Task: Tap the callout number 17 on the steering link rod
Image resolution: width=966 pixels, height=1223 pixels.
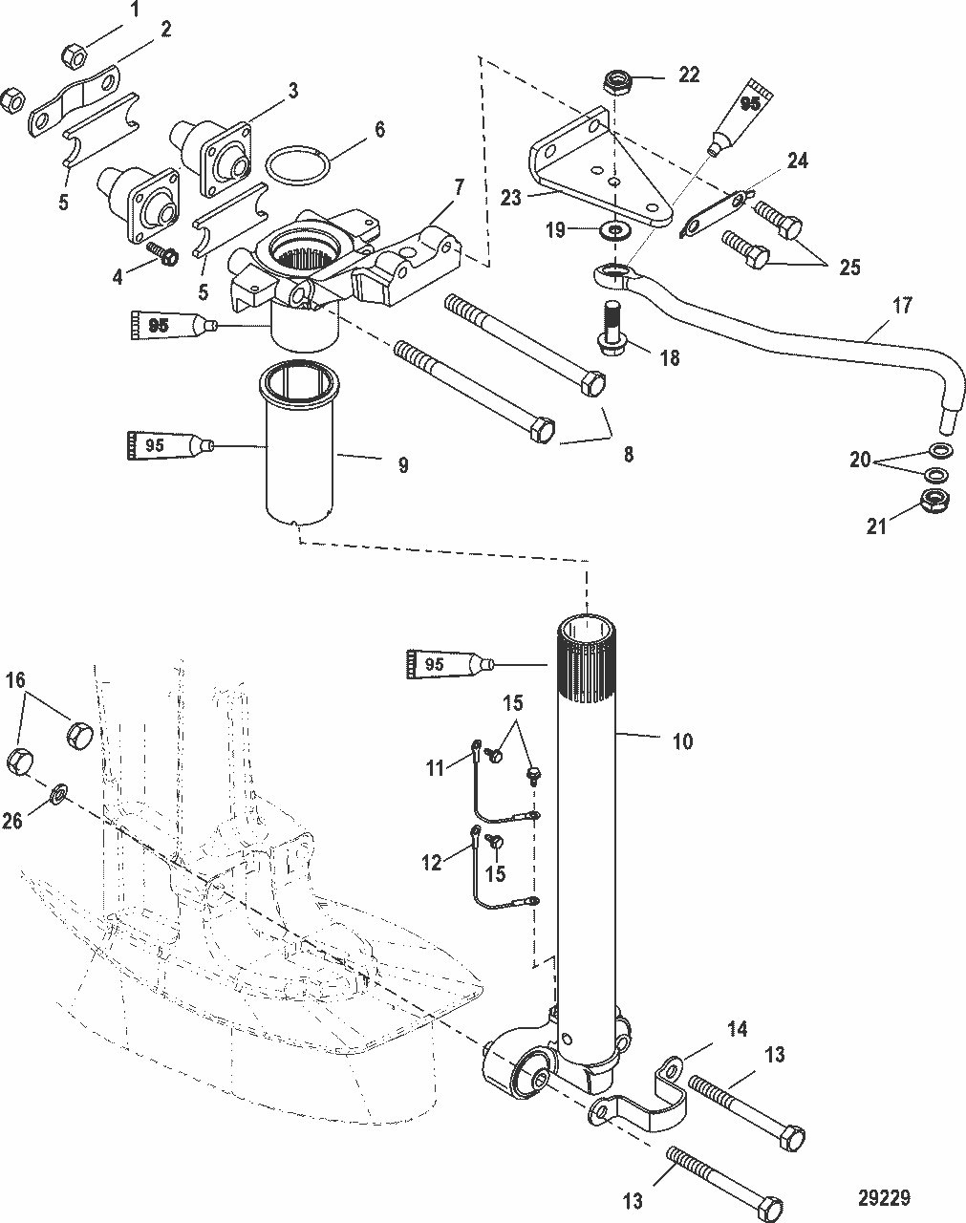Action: [x=902, y=306]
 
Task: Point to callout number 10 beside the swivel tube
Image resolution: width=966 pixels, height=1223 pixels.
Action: [x=682, y=740]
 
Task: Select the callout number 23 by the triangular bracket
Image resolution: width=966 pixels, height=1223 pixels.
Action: [x=511, y=199]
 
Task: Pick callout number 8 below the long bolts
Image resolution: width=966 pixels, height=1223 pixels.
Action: [x=628, y=455]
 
